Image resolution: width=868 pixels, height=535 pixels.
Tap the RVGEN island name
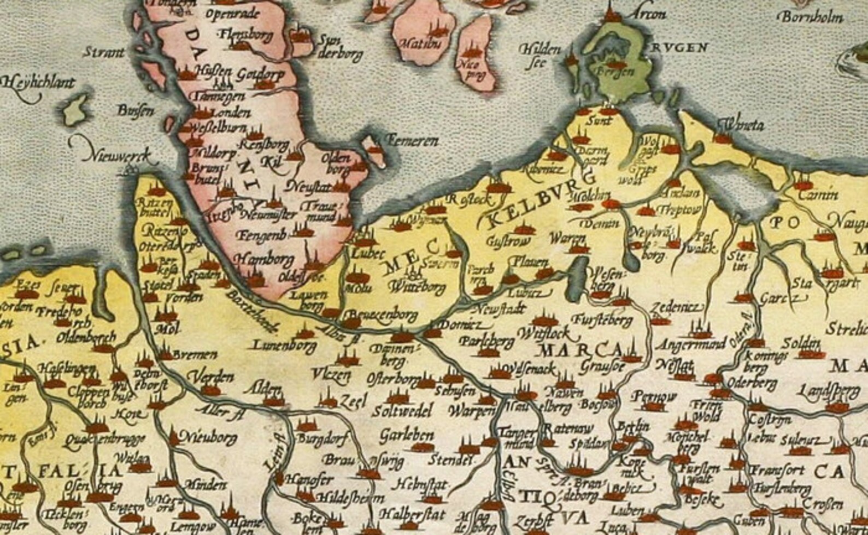click(679, 48)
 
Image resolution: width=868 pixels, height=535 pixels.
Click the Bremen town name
click(194, 355)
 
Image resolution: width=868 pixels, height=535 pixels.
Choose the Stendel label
click(449, 460)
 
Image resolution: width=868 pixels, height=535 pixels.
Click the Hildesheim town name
click(350, 497)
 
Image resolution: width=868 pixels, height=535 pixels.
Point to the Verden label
click(210, 377)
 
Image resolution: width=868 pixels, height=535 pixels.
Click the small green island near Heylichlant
click(75, 109)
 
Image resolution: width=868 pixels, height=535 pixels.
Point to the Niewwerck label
click(116, 156)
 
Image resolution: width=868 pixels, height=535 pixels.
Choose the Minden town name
click(205, 484)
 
